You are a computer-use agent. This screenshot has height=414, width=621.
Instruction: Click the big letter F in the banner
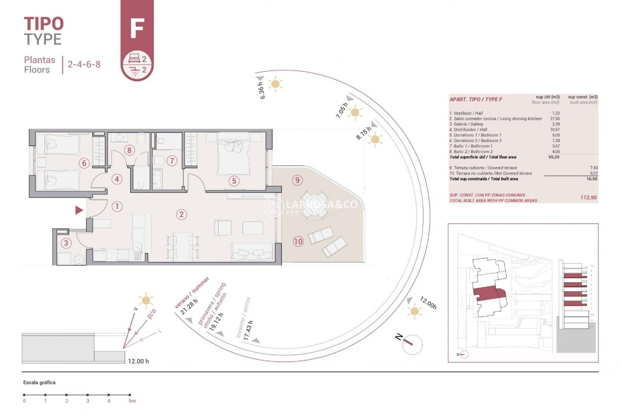(137, 28)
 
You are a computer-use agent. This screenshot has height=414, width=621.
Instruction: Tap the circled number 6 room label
(84, 163)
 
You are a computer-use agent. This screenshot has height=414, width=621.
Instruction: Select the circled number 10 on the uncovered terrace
(298, 241)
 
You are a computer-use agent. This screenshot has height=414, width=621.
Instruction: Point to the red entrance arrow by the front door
(79, 210)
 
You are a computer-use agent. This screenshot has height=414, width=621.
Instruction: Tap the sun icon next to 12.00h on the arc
(414, 311)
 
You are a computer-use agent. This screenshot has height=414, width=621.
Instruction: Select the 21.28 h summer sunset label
(189, 307)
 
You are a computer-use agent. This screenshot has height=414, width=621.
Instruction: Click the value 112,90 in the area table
(588, 197)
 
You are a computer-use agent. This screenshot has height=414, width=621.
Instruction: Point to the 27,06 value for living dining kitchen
(555, 119)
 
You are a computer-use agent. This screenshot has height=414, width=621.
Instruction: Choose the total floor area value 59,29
(554, 157)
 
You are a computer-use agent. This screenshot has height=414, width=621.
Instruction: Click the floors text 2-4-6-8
(84, 64)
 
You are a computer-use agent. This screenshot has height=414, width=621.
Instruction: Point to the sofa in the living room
(251, 252)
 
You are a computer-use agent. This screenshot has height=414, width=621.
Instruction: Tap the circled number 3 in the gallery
(66, 243)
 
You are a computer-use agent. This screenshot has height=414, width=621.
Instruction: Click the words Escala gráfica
(39, 382)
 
